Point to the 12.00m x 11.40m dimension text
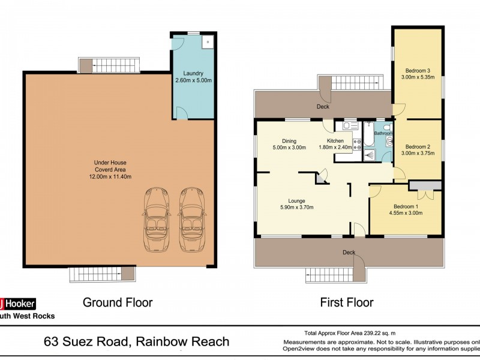(x=109, y=176)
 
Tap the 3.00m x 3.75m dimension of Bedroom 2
(x=418, y=153)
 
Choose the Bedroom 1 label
(x=406, y=206)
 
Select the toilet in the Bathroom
(x=389, y=142)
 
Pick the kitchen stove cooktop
(x=356, y=143)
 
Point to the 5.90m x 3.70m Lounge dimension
(x=296, y=208)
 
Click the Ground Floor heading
(x=118, y=302)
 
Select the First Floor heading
(x=348, y=302)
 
